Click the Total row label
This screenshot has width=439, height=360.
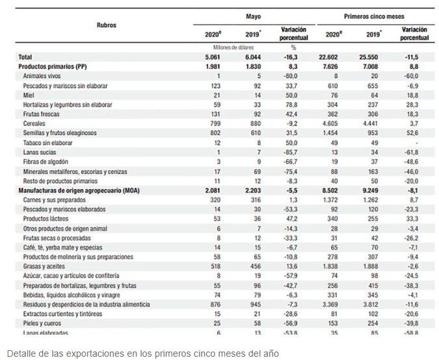(x=25, y=57)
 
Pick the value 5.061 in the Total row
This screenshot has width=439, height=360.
(x=213, y=57)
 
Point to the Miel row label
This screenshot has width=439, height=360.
(x=29, y=95)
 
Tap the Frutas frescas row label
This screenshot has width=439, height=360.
(x=42, y=114)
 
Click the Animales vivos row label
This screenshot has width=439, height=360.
(x=44, y=76)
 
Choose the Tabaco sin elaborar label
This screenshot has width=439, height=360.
(x=49, y=142)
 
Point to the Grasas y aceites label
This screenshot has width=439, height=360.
(x=44, y=266)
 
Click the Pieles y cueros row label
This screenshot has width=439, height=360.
(x=44, y=323)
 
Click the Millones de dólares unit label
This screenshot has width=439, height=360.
(x=233, y=47)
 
